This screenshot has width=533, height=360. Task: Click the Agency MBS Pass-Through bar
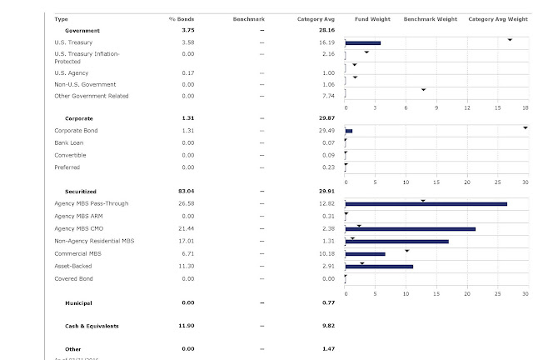pos(426,203)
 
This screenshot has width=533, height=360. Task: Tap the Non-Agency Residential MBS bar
pos(396,241)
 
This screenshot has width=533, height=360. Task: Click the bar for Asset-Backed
pos(379,266)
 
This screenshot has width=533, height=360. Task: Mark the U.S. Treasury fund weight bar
pos(362,42)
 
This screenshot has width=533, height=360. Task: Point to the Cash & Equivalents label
pos(92,326)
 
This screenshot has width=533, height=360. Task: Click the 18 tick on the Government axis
pos(526,107)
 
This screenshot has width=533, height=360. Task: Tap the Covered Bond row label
pos(74,278)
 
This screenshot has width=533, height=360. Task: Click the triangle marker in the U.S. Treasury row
pos(510,39)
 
